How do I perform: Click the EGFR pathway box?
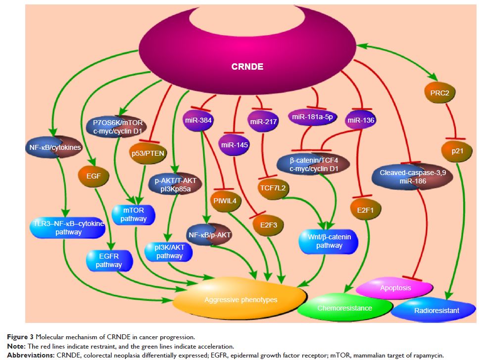click(x=109, y=260)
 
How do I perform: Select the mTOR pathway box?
click(x=135, y=214)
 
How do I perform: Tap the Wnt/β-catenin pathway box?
click(x=329, y=241)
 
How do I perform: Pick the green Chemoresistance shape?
click(x=345, y=308)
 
